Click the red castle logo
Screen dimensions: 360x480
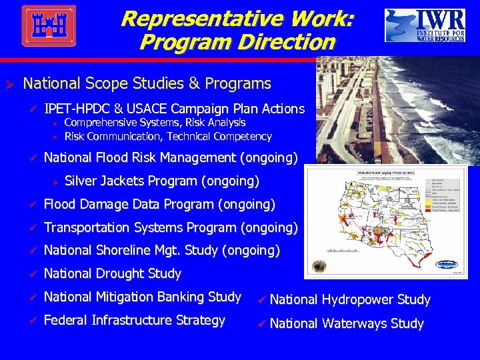click(49, 25)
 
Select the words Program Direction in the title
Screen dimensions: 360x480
click(237, 43)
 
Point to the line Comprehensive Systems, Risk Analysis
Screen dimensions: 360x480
click(155, 123)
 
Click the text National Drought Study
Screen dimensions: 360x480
click(112, 273)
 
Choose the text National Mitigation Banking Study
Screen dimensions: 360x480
click(142, 297)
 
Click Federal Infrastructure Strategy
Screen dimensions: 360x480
click(134, 320)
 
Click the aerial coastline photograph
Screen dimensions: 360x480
click(397, 110)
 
